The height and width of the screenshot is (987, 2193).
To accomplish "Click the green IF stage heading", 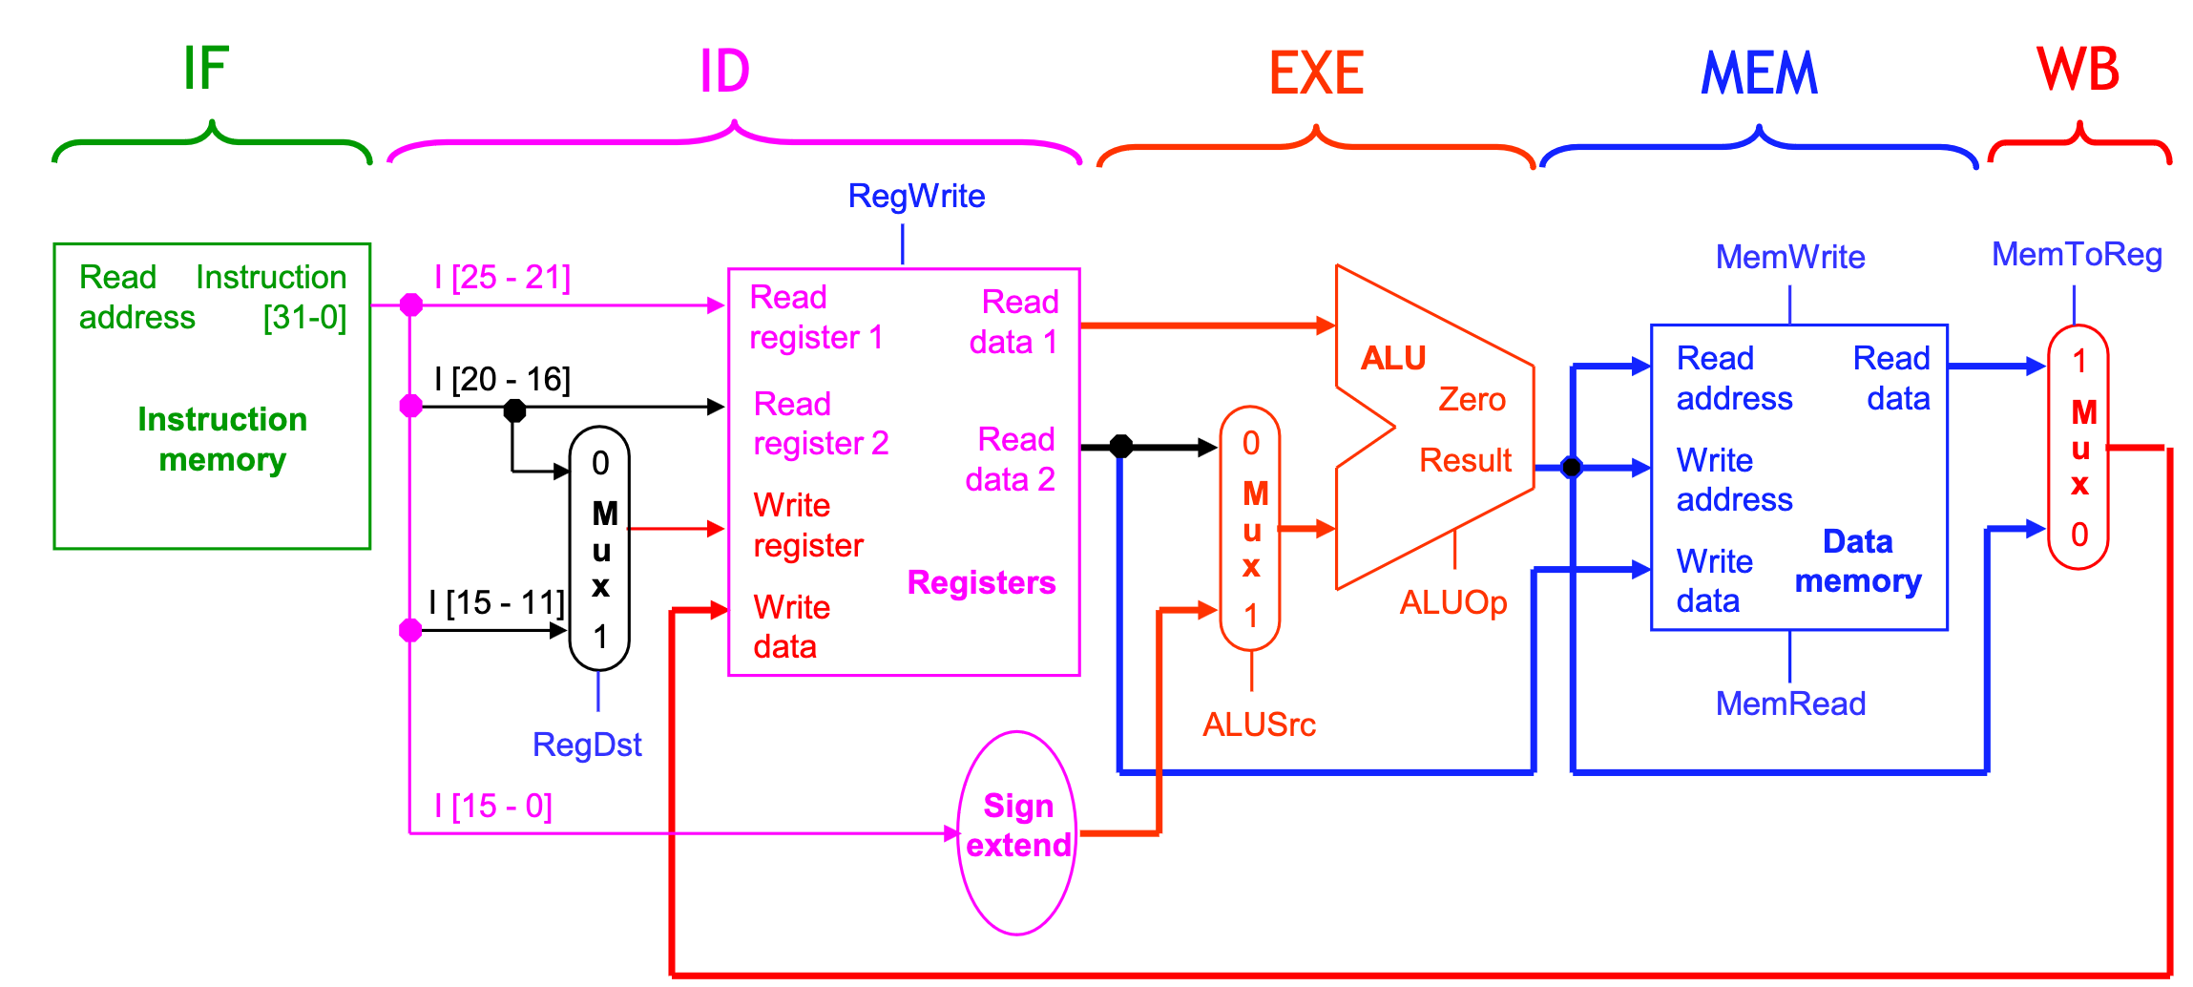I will coord(206,69).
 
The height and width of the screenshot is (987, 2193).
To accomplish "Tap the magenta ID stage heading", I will coord(724,72).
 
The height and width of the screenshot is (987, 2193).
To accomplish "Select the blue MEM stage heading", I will coord(1759,73).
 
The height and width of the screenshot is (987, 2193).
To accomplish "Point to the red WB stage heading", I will coord(2078,70).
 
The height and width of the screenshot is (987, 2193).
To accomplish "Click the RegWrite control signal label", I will coord(916,196).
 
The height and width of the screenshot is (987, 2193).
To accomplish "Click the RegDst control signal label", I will coord(586,745).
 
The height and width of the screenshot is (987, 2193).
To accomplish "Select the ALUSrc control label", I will coord(1259,724).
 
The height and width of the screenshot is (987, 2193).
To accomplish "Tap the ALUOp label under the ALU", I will coord(1452,602).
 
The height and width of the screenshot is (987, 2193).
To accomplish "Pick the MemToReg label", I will coord(2077,254).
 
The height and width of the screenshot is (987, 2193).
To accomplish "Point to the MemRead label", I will coord(1790,703).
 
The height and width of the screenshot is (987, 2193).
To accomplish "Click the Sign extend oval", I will coord(1017,831).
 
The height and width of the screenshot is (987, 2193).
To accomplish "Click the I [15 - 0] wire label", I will coord(493,806).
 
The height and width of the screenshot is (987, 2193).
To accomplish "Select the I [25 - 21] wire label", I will coord(502,277).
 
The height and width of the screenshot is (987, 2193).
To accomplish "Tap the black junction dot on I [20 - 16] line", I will coord(514,410).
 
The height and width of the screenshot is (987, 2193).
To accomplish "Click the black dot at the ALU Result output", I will coord(1571,467).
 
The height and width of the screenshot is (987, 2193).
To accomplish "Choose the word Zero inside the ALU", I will coord(1472,399).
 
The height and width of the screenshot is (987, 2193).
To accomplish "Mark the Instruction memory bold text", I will coord(221,439).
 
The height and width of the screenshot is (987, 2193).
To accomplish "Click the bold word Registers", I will coord(981,582).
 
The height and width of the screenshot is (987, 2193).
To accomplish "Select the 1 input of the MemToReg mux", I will coord(2079,361).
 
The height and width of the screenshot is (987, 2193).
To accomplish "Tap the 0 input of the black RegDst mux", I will coord(600,463).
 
